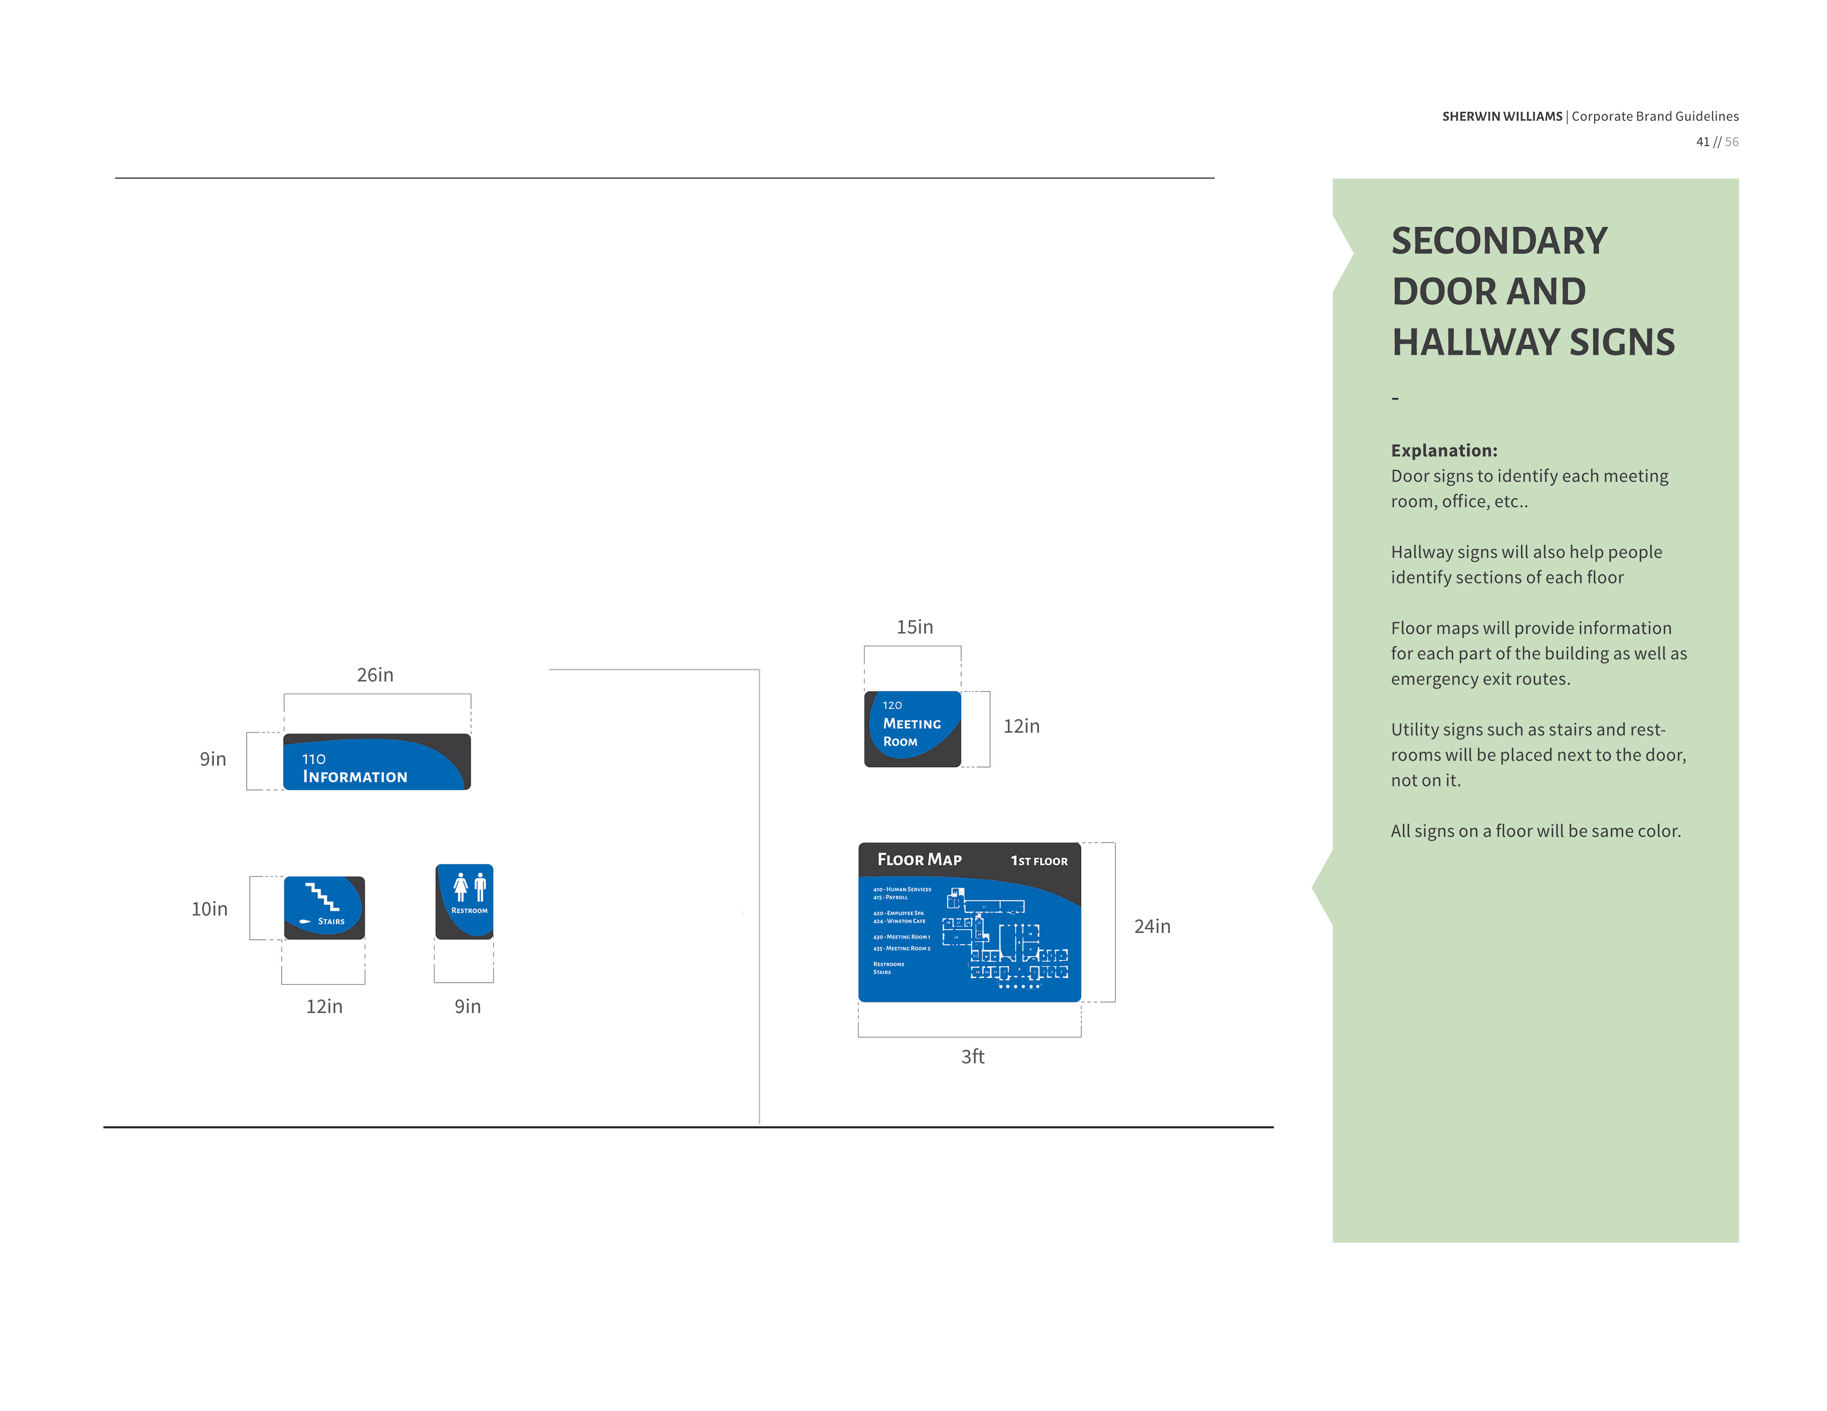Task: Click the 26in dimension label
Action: point(375,675)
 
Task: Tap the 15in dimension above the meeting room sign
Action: point(914,627)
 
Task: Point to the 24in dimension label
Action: point(1152,927)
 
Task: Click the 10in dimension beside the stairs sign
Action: point(209,909)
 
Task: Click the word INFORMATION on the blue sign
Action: point(354,777)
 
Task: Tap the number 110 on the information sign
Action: point(314,759)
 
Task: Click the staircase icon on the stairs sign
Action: point(322,896)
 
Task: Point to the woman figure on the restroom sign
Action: point(460,886)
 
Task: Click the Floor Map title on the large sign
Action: point(919,860)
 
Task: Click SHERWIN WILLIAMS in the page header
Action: point(1502,116)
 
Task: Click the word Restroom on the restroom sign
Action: point(469,911)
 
